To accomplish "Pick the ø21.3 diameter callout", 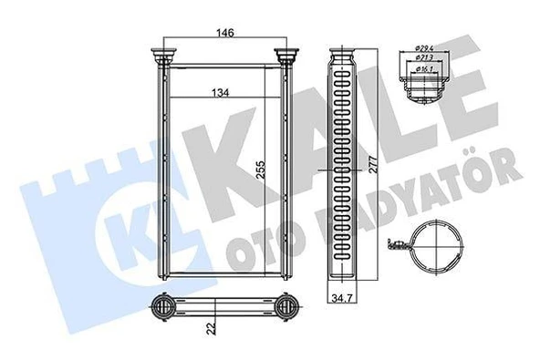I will [x=425, y=57].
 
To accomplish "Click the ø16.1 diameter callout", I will [x=425, y=67].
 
